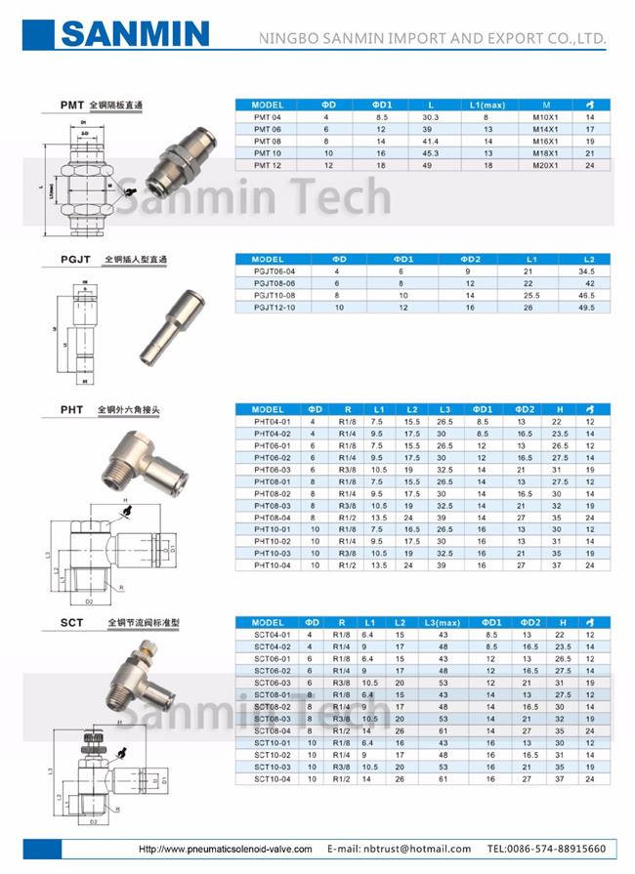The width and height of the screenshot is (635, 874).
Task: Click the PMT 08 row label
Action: point(267,141)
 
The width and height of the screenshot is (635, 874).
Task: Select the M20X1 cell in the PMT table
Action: point(547,165)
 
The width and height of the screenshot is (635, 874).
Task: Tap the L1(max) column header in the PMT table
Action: point(487,104)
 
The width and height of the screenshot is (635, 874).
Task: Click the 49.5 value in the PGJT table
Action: point(586,307)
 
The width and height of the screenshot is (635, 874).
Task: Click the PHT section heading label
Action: point(71,409)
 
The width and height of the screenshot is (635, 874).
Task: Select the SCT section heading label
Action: point(71,621)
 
